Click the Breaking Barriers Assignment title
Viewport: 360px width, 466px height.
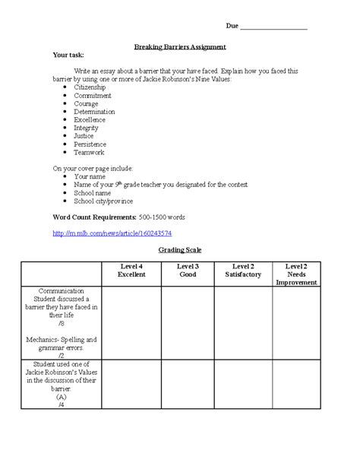pos(180,46)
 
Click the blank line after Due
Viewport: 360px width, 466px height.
pos(273,27)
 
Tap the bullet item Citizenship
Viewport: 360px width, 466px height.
pos(90,88)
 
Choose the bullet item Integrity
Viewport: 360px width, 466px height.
pos(86,128)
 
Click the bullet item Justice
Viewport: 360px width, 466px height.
pos(84,136)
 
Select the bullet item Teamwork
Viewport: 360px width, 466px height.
pos(88,152)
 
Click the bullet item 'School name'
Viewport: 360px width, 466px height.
pos(93,193)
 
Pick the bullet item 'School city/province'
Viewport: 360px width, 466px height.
pos(103,201)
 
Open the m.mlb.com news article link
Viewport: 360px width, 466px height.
pos(112,233)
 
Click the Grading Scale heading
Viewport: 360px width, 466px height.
pos(180,250)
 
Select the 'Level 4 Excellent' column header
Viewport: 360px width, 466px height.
pos(131,270)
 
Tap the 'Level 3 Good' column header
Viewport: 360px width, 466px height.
pos(188,270)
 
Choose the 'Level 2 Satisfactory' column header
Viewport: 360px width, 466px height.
pos(242,270)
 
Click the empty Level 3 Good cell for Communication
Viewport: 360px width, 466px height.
pos(188,323)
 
